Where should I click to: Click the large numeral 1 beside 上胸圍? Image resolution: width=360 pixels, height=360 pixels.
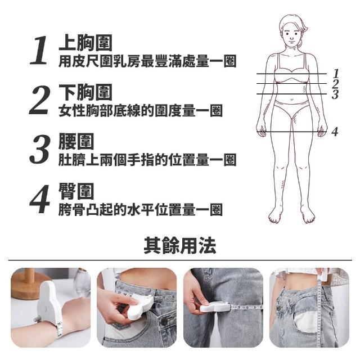coord(39,50)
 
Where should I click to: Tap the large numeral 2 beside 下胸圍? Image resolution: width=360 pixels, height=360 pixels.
coord(39,100)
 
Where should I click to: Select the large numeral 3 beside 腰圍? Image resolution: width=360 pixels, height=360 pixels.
coord(39,149)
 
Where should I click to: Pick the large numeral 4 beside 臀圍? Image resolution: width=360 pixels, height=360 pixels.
coord(40,199)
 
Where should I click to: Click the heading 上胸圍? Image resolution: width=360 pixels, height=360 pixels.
coord(85,43)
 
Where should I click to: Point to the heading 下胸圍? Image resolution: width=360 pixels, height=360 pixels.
coord(85,92)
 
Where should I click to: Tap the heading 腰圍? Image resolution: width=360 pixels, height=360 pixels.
coord(76,141)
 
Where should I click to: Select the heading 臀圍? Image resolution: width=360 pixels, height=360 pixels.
coord(76,191)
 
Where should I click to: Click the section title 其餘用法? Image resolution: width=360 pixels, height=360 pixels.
coord(180,245)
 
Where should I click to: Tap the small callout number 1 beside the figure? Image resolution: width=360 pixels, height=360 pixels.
coord(336,74)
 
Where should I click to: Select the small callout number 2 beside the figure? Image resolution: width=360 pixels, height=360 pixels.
coord(335,84)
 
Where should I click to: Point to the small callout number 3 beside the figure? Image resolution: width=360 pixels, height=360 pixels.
coord(335,94)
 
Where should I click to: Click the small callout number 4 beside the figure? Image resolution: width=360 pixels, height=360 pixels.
coord(335,132)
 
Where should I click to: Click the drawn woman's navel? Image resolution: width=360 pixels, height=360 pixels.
coord(291,100)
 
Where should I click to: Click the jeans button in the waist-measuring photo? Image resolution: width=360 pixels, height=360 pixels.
coord(164,321)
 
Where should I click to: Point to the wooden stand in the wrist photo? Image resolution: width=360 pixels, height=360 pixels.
coord(26,284)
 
